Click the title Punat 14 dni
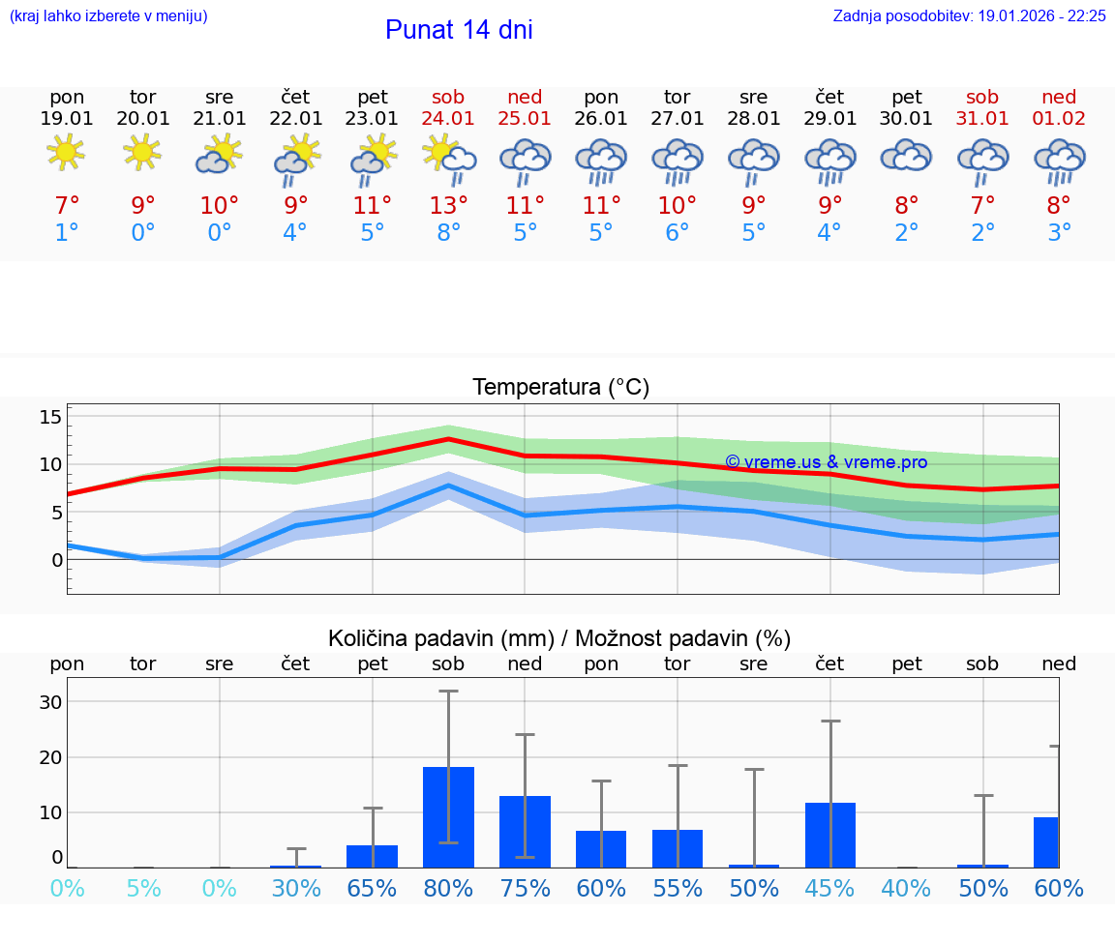pos(459,30)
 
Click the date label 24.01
pos(448,118)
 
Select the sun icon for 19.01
pos(66,153)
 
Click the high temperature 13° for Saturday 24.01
pos(448,205)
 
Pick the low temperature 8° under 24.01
pos(448,232)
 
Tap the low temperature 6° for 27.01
pos(677,232)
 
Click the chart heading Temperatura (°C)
pos(560,387)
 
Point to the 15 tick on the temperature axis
pos(50,417)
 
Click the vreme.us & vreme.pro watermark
pos(826,462)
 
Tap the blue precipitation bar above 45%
pos(829,835)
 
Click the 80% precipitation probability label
pos(448,888)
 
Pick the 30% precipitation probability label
pos(296,888)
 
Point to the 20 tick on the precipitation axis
pos(50,757)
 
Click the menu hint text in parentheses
pos(107,15)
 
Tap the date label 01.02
pos(1059,118)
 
